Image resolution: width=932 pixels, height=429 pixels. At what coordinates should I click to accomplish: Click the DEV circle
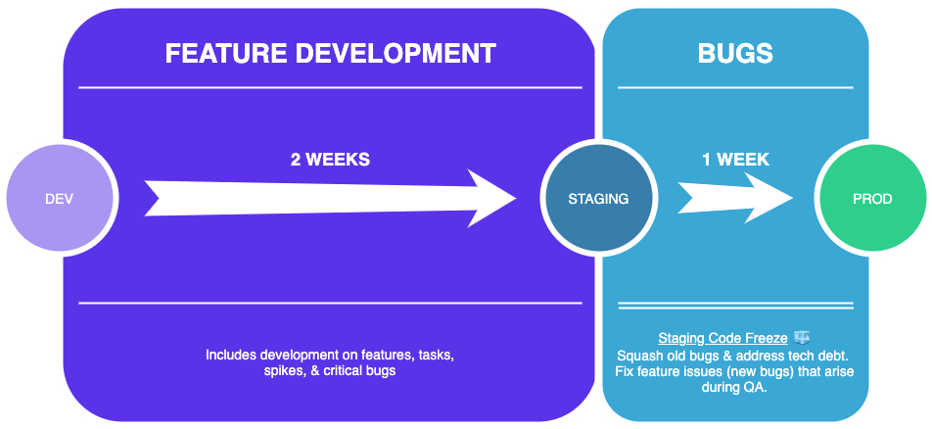59,199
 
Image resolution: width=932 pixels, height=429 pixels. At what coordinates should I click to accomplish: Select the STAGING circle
598,199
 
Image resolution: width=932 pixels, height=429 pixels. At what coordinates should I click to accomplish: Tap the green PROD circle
871,199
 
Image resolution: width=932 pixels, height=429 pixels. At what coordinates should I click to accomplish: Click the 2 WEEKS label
330,159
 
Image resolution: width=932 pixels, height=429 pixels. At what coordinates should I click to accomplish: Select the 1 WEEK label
735,159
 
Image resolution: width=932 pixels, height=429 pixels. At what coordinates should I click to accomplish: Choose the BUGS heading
735,53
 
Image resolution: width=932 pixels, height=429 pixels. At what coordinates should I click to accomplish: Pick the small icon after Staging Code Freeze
802,337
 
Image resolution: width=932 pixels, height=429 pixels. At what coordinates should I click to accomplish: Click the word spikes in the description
285,372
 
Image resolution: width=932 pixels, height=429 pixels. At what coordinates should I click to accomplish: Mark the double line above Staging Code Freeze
735,307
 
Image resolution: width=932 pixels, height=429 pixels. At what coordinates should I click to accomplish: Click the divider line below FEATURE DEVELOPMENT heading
330,88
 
